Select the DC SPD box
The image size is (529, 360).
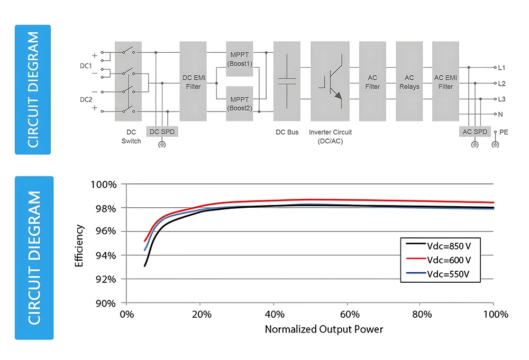pyautogui.click(x=162, y=131)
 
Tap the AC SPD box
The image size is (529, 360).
pyautogui.click(x=475, y=131)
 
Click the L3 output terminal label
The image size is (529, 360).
pyautogui.click(x=501, y=99)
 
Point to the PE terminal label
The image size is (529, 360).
pyautogui.click(x=503, y=132)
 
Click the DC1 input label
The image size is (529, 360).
pyautogui.click(x=86, y=66)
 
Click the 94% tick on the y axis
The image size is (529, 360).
pyautogui.click(x=105, y=255)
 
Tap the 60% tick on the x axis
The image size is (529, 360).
pyautogui.click(x=347, y=314)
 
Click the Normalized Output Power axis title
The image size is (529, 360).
pyautogui.click(x=324, y=329)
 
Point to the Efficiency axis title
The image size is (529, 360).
pyautogui.click(x=80, y=245)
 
